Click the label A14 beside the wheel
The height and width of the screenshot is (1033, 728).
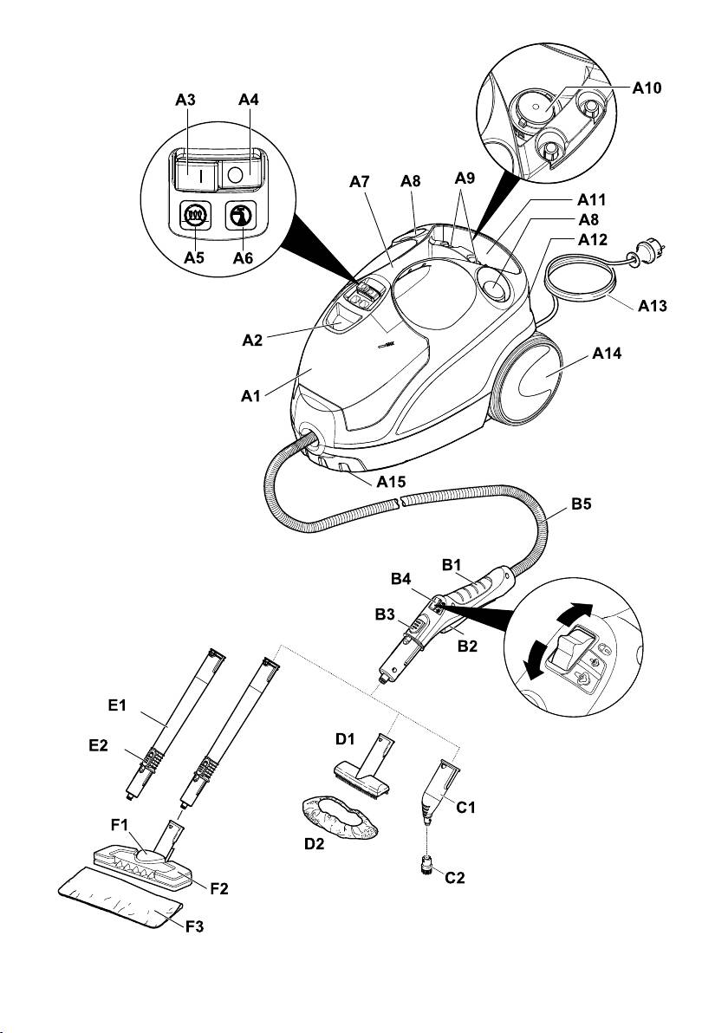click(x=609, y=354)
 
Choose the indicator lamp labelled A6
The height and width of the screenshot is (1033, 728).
click(x=237, y=215)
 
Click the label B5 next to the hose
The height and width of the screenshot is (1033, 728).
click(x=582, y=511)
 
